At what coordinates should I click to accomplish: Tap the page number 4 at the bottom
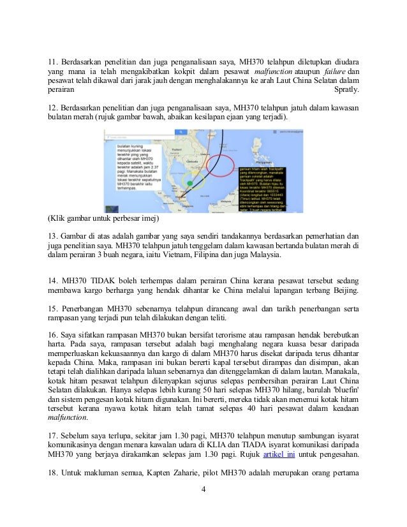point(203,508)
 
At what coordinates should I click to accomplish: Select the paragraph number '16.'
point(55,334)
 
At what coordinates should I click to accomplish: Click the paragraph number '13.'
point(55,235)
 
